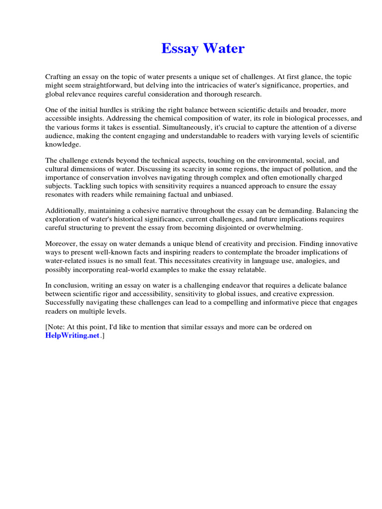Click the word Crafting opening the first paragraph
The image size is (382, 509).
pos(59,77)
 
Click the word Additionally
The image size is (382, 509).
pos(64,211)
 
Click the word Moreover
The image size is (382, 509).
pos(61,244)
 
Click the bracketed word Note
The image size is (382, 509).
pos(56,327)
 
